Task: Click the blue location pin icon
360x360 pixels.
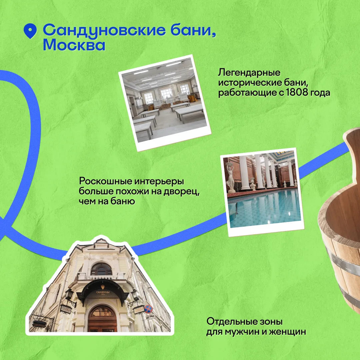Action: tap(30, 31)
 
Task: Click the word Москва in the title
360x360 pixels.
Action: tap(74, 45)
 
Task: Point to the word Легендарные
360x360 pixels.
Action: tap(249, 73)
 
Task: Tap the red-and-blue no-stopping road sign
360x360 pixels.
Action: tap(148, 309)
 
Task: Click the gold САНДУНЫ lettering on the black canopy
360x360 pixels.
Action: tap(103, 292)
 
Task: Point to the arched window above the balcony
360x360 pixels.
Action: tap(101, 269)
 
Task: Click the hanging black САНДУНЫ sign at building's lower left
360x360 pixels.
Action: tap(39, 324)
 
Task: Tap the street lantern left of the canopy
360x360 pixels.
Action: tap(69, 295)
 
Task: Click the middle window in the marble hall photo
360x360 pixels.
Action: tap(166, 95)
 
